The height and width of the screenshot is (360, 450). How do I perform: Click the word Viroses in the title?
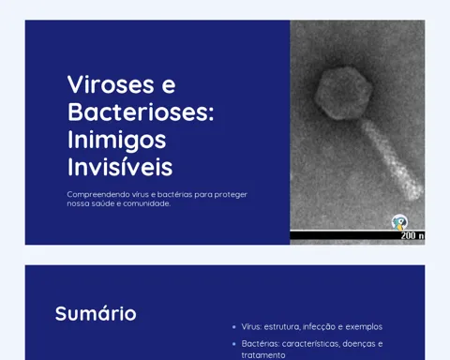[111, 84]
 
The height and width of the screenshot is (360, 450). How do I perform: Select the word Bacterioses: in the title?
[141, 112]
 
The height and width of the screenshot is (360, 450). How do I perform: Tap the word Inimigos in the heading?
[117, 141]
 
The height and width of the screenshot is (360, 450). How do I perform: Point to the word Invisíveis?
[120, 167]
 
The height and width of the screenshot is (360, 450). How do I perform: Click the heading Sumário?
[96, 313]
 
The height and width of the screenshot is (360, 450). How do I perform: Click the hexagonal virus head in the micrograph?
[344, 93]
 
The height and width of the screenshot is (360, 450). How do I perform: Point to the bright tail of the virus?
[392, 160]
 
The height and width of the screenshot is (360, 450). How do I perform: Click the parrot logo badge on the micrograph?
[399, 222]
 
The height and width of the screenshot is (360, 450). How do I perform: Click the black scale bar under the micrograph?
[357, 235]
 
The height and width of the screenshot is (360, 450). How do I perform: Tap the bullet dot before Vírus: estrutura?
[234, 327]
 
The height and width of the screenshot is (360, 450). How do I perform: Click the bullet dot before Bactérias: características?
[234, 344]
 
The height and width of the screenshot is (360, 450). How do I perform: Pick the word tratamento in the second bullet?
[263, 355]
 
